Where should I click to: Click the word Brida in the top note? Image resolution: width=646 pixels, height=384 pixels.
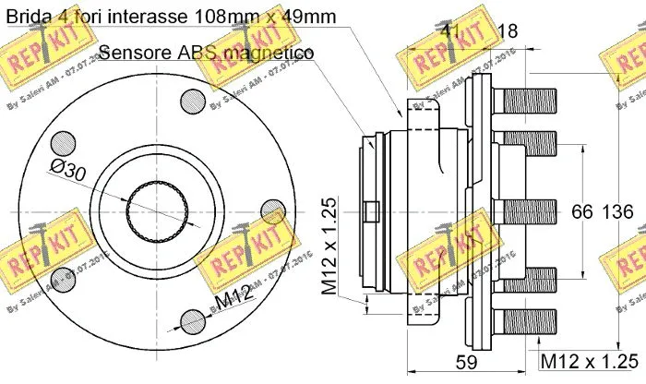(29, 16)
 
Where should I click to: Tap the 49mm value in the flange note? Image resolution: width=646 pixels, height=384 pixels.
(308, 16)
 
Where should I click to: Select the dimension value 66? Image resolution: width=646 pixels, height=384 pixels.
(580, 211)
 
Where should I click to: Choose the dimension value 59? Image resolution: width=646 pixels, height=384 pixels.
(469, 361)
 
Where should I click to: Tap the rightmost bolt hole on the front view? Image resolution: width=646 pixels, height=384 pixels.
(271, 210)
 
